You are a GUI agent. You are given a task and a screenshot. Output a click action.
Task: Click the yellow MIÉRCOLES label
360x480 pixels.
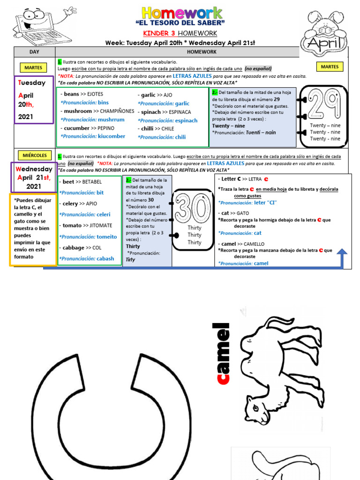click(34, 155)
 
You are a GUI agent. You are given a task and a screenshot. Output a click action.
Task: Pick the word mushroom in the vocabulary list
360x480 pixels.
click(78, 111)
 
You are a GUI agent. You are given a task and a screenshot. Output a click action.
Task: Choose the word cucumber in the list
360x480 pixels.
click(76, 128)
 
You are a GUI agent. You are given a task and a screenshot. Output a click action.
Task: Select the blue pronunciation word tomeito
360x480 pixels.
click(107, 237)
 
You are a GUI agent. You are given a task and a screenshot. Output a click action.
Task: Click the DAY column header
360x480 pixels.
click(34, 52)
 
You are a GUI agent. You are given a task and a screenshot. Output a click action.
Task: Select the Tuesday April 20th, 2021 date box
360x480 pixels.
click(34, 99)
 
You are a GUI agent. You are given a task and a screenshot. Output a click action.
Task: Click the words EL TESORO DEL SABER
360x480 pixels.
click(180, 22)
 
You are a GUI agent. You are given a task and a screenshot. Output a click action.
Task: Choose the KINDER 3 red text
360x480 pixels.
click(158, 33)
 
